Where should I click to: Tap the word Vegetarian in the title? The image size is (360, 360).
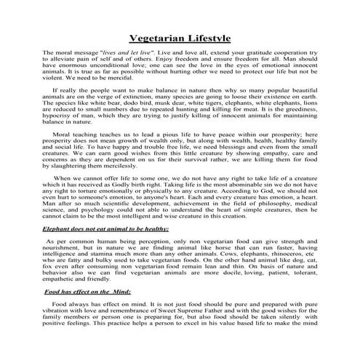click(x=155, y=38)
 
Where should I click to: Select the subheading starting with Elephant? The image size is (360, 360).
click(x=106, y=228)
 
